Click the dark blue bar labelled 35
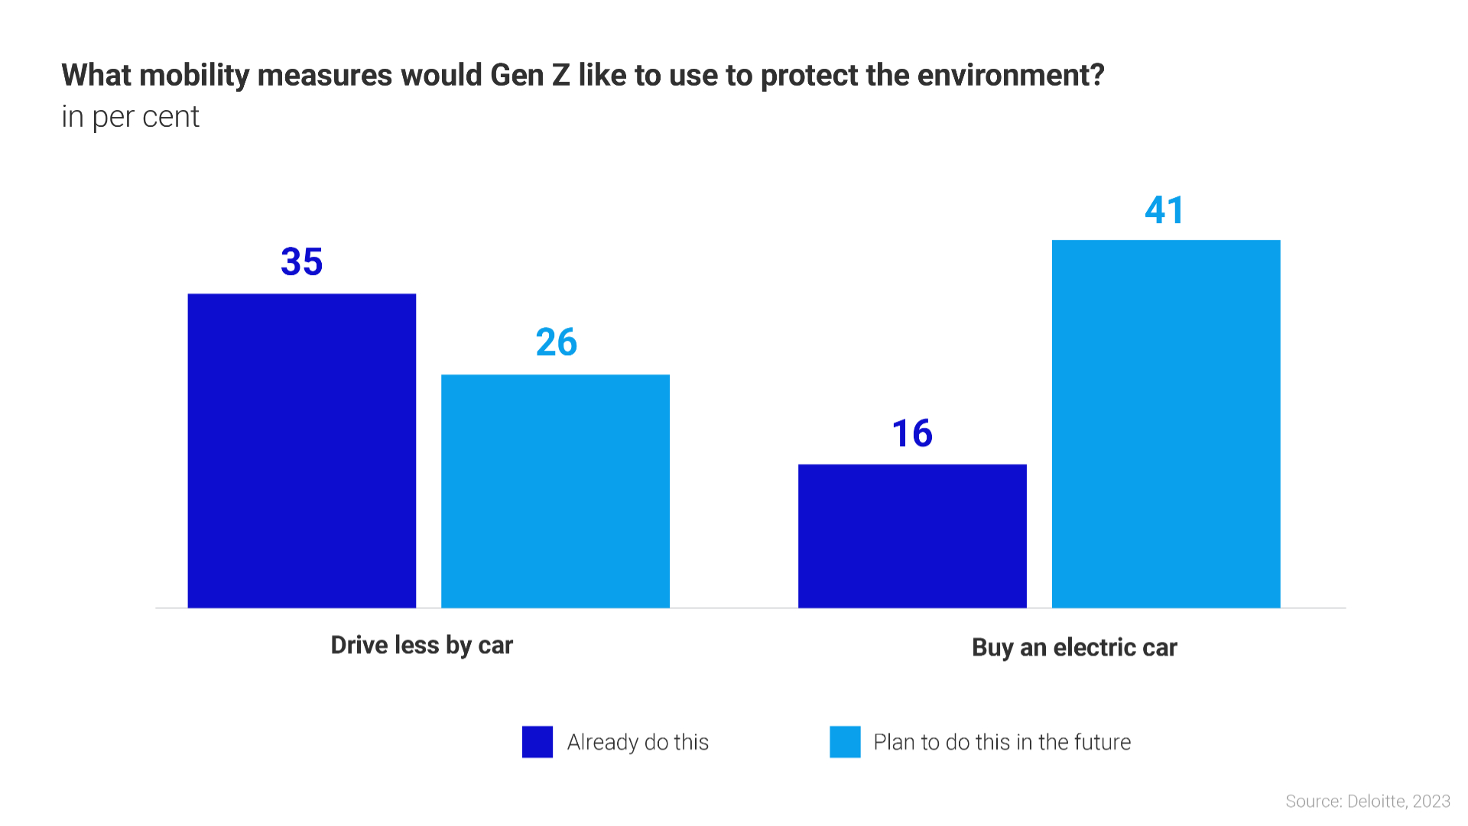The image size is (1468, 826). (x=302, y=451)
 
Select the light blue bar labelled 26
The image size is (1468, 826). (x=556, y=491)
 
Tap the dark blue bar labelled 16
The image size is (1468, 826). (x=912, y=536)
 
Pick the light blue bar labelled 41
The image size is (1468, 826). (x=1166, y=424)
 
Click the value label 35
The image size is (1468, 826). (x=302, y=262)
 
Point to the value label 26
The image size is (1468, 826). (x=556, y=342)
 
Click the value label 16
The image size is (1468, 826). (x=912, y=433)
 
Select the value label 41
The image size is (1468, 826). (x=1164, y=210)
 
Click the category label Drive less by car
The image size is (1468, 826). (x=421, y=646)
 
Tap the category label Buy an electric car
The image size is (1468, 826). (x=1074, y=648)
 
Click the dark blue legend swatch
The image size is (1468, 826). (x=538, y=742)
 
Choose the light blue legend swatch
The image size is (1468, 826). (x=845, y=742)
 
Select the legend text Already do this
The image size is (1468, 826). (x=638, y=742)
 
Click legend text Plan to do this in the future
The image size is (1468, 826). (x=1002, y=742)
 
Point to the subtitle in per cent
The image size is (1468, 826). (x=130, y=117)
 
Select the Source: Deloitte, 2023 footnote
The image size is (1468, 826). (x=1367, y=802)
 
